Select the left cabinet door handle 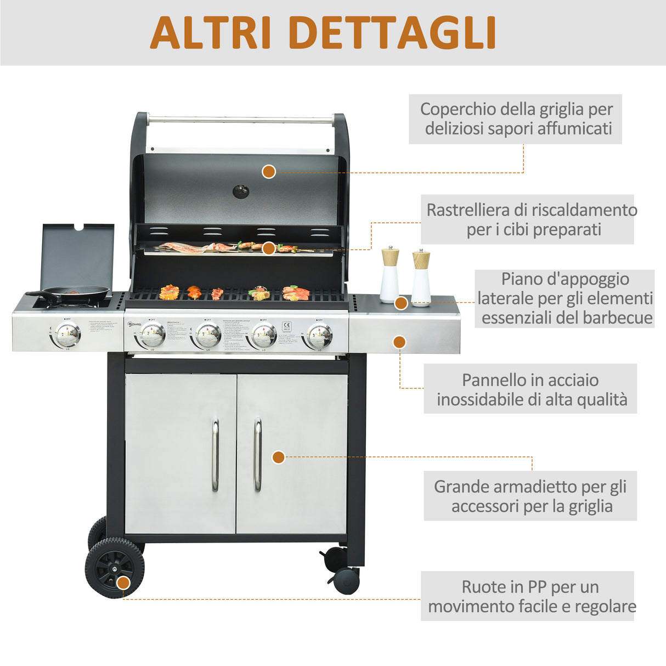tap(216, 455)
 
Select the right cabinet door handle tap(257, 455)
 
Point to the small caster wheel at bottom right tap(346, 580)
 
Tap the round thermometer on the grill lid tap(241, 191)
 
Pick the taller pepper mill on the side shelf tap(390, 274)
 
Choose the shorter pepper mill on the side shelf tap(421, 277)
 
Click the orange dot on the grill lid tap(268, 172)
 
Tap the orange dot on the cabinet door tap(279, 457)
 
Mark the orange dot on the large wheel tap(124, 583)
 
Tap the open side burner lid tap(78, 255)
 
